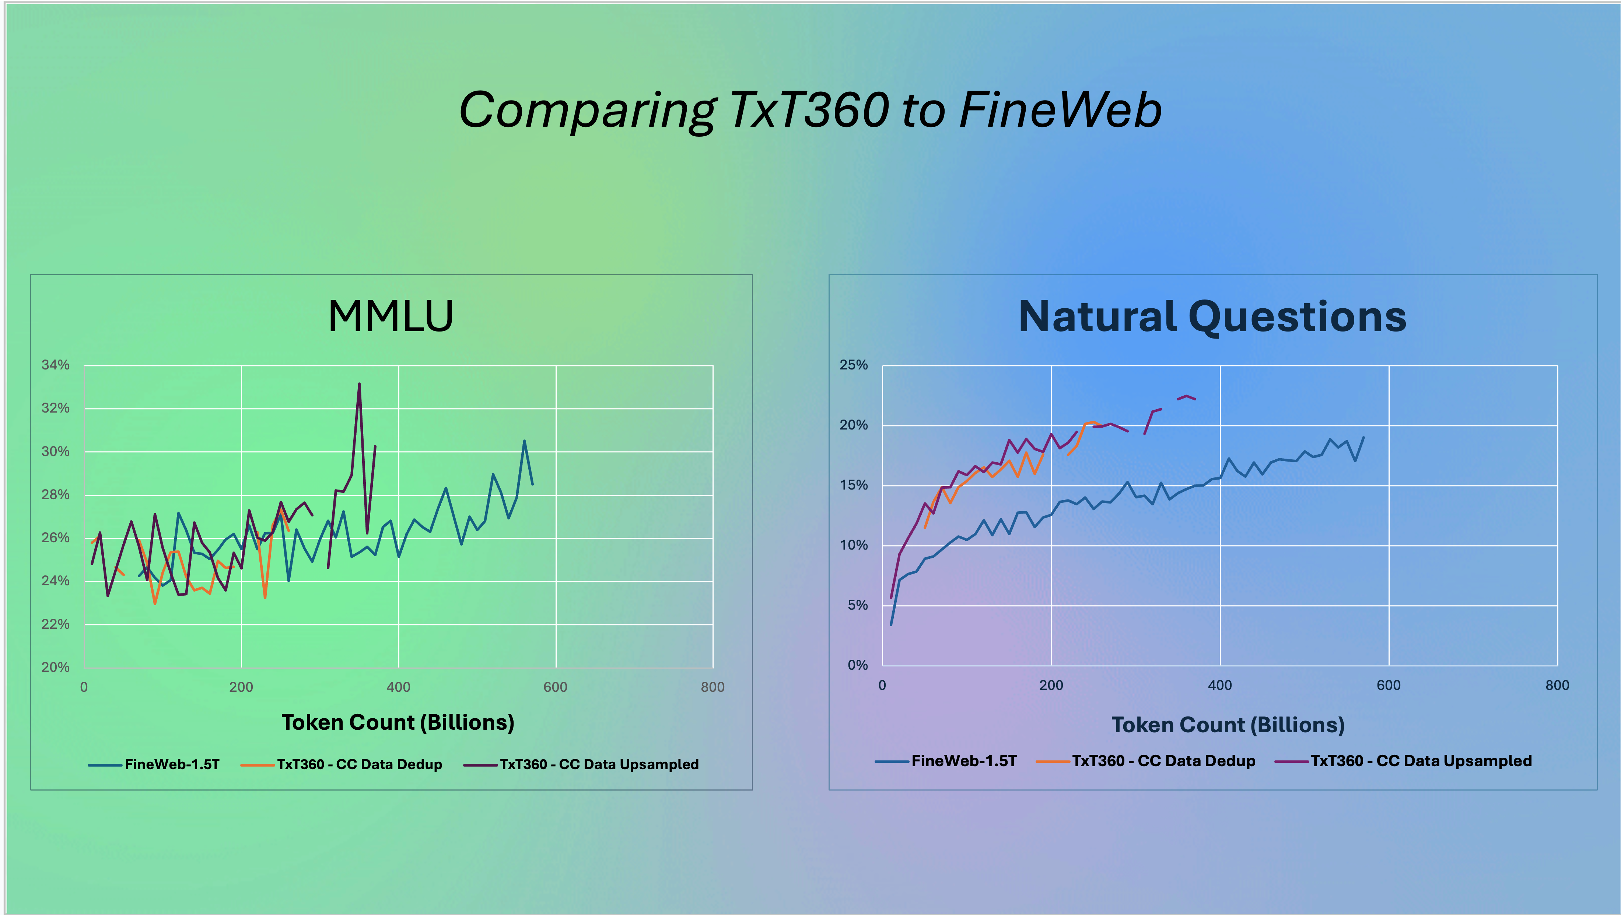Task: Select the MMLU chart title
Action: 391,316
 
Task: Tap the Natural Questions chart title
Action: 1212,316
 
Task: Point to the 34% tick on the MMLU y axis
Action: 55,365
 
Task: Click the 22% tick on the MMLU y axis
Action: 55,624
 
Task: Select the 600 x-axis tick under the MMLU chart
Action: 556,687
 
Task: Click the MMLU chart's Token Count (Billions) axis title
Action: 398,722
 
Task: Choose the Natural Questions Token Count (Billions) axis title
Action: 1228,725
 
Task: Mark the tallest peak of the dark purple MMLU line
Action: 359,383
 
